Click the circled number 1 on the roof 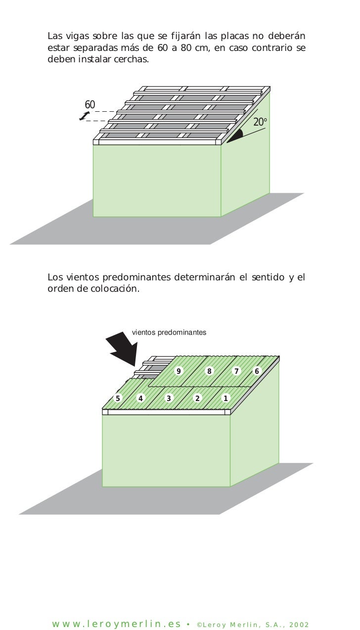tap(226, 398)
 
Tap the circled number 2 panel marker tap(197, 398)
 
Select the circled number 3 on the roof tap(169, 398)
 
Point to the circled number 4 tap(141, 398)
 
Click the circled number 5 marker tap(118, 398)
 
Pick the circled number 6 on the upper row tap(257, 371)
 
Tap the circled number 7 tap(236, 371)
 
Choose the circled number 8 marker tap(210, 371)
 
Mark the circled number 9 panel tap(179, 371)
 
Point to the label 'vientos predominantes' tap(169, 332)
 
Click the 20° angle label tap(260, 122)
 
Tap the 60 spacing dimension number tap(90, 104)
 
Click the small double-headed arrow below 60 tap(85, 116)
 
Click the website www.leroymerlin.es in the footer tap(117, 624)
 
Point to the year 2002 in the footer tap(298, 625)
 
